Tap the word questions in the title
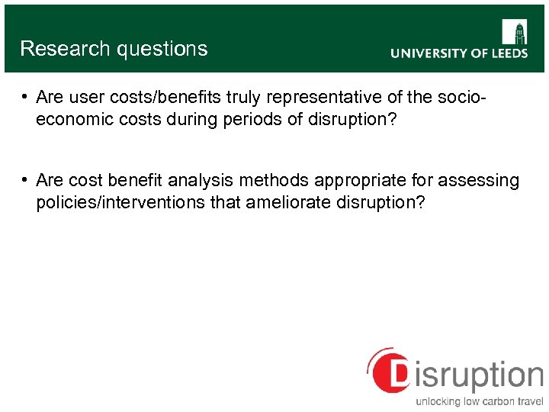point(161,49)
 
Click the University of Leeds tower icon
point(514,33)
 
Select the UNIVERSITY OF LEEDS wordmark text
point(458,53)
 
